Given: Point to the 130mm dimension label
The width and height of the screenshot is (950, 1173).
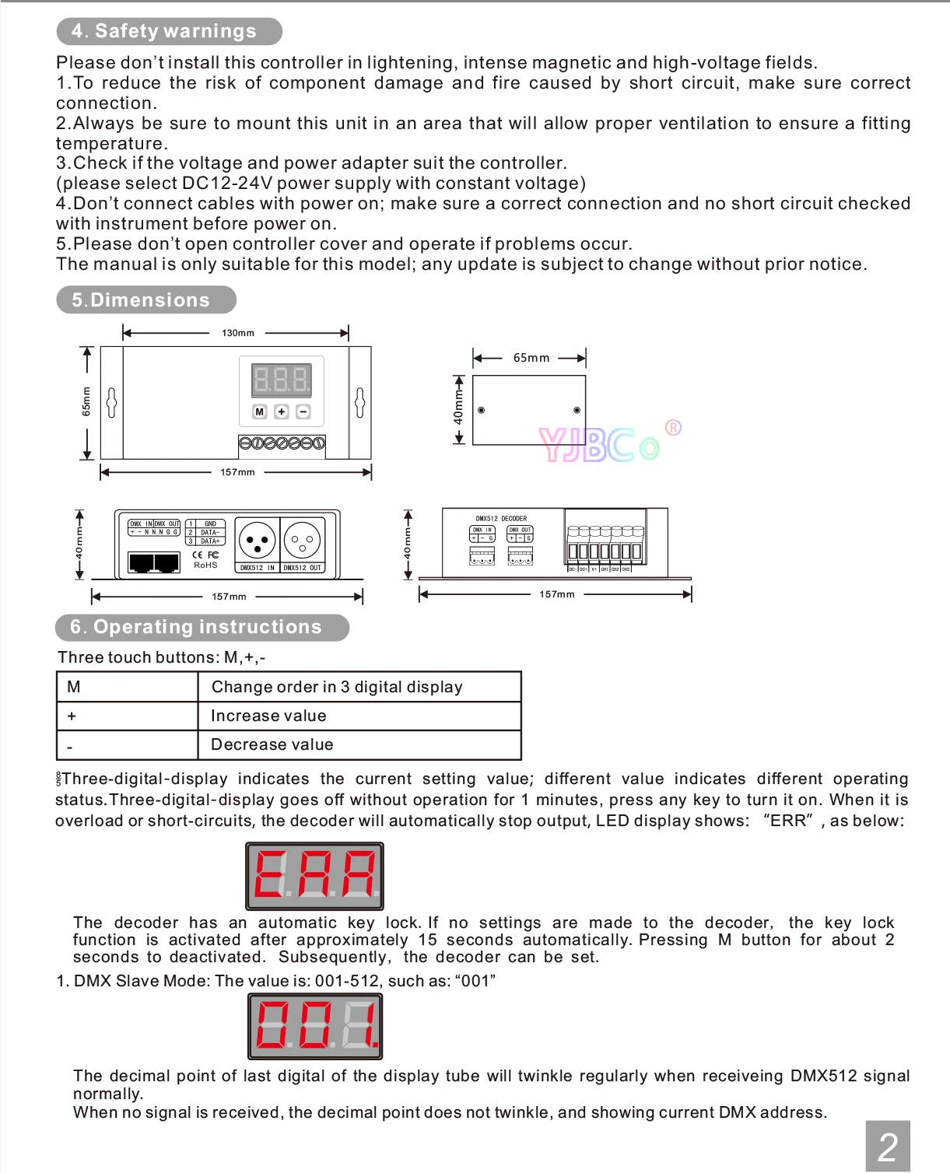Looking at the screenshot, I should (x=238, y=333).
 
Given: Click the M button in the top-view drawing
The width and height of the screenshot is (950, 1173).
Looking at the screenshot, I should (x=260, y=411).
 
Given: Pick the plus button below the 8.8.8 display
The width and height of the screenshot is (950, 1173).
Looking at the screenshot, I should (x=282, y=411).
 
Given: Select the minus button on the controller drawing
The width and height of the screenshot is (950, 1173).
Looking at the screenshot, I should (x=303, y=411).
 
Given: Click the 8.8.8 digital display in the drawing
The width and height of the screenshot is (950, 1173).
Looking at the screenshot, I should (x=282, y=380).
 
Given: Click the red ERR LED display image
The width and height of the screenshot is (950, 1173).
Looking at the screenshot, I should (x=314, y=876).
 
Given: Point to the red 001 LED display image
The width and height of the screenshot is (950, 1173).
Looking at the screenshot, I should (x=315, y=1026).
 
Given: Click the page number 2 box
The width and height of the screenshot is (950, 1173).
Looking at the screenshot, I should (x=887, y=1147).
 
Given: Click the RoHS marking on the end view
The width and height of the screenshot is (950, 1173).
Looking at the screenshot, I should (x=205, y=565).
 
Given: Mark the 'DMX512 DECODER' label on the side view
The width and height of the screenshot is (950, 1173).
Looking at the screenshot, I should (x=501, y=518).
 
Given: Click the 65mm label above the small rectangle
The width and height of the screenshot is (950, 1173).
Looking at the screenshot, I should (x=531, y=358).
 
